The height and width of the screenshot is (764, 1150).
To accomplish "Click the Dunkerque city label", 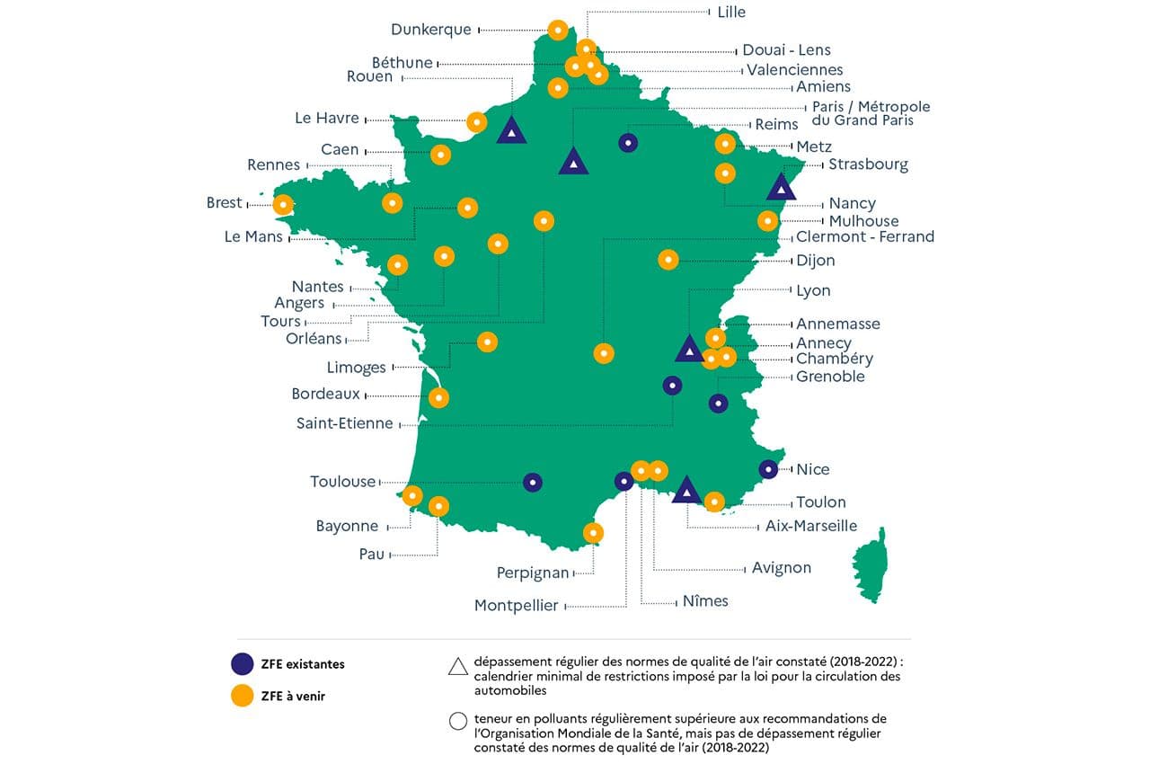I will pyautogui.click(x=430, y=30).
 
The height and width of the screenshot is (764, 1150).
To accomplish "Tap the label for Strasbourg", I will pyautogui.click(x=868, y=164).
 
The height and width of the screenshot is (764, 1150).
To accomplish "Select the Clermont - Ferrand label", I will pyautogui.click(x=865, y=237).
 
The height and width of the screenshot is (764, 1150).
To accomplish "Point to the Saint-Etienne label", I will pyautogui.click(x=344, y=423).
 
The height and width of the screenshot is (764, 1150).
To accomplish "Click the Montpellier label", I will pyautogui.click(x=516, y=606).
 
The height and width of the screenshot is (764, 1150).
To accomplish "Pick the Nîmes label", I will pyautogui.click(x=705, y=600).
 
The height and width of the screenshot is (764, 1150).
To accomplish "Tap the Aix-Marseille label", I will pyautogui.click(x=811, y=526).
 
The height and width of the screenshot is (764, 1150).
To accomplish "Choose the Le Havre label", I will pyautogui.click(x=327, y=118).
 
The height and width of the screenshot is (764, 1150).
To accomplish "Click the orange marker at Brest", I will pyautogui.click(x=283, y=205).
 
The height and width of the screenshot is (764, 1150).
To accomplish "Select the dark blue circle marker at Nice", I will pyautogui.click(x=768, y=469).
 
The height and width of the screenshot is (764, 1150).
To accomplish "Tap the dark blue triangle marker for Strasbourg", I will pyautogui.click(x=782, y=188).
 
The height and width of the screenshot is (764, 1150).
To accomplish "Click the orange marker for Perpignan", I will pyautogui.click(x=593, y=533).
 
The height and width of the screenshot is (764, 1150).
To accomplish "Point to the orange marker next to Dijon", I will pyautogui.click(x=668, y=260).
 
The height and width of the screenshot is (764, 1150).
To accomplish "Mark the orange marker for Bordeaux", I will pyautogui.click(x=438, y=397).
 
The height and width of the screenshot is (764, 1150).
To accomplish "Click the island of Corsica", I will pyautogui.click(x=870, y=564).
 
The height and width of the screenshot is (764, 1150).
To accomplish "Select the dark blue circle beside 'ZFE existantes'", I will pyautogui.click(x=242, y=664).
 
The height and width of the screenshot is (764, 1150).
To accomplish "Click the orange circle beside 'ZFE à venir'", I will pyautogui.click(x=242, y=696).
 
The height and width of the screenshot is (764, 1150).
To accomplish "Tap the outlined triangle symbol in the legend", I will pyautogui.click(x=457, y=665).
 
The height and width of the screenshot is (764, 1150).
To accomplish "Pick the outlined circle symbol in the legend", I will pyautogui.click(x=457, y=720).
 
